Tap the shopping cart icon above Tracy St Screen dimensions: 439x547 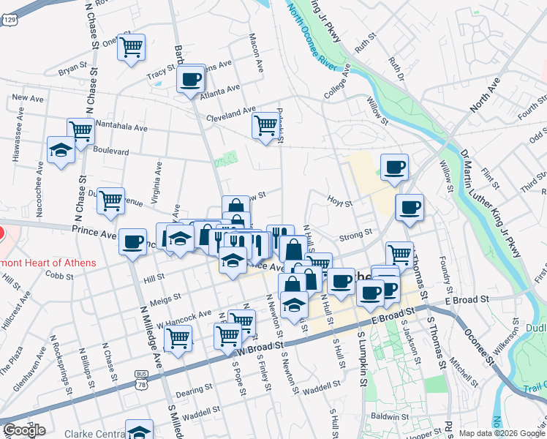[131, 48]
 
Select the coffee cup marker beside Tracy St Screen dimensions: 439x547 [190, 78]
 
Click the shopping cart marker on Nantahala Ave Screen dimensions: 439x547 [80, 131]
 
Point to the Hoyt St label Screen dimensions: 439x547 [340, 203]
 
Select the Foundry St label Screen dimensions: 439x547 [444, 270]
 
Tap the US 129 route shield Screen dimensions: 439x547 [10, 20]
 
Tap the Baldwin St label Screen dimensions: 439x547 [388, 416]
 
